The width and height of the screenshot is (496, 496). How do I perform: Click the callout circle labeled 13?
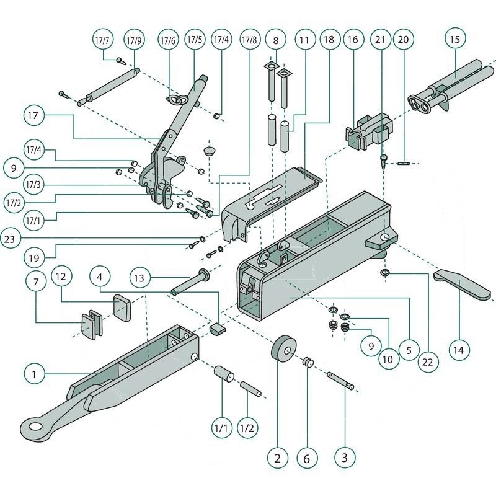140,278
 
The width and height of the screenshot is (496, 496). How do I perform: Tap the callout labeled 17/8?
250,40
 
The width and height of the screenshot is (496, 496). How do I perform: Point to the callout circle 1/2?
247,427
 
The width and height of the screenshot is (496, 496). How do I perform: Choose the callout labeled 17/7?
102,40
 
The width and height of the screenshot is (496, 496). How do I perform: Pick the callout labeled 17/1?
36,218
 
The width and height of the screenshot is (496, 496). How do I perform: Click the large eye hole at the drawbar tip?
32,426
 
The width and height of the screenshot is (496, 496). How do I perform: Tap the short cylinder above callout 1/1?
223,374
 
